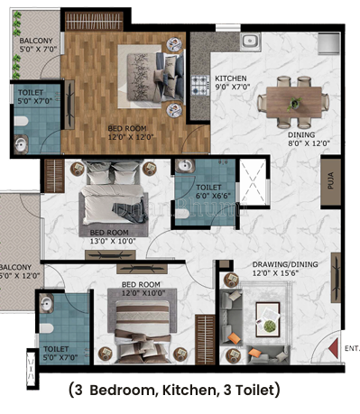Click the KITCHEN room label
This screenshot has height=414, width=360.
[230, 78]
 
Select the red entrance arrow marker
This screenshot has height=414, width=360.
[335, 346]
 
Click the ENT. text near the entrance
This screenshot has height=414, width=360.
[352, 345]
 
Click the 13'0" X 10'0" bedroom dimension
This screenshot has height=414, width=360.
[113, 239]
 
